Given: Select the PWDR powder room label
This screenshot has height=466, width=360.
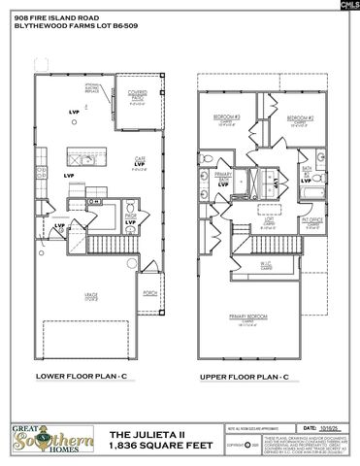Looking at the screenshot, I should click(x=130, y=218).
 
